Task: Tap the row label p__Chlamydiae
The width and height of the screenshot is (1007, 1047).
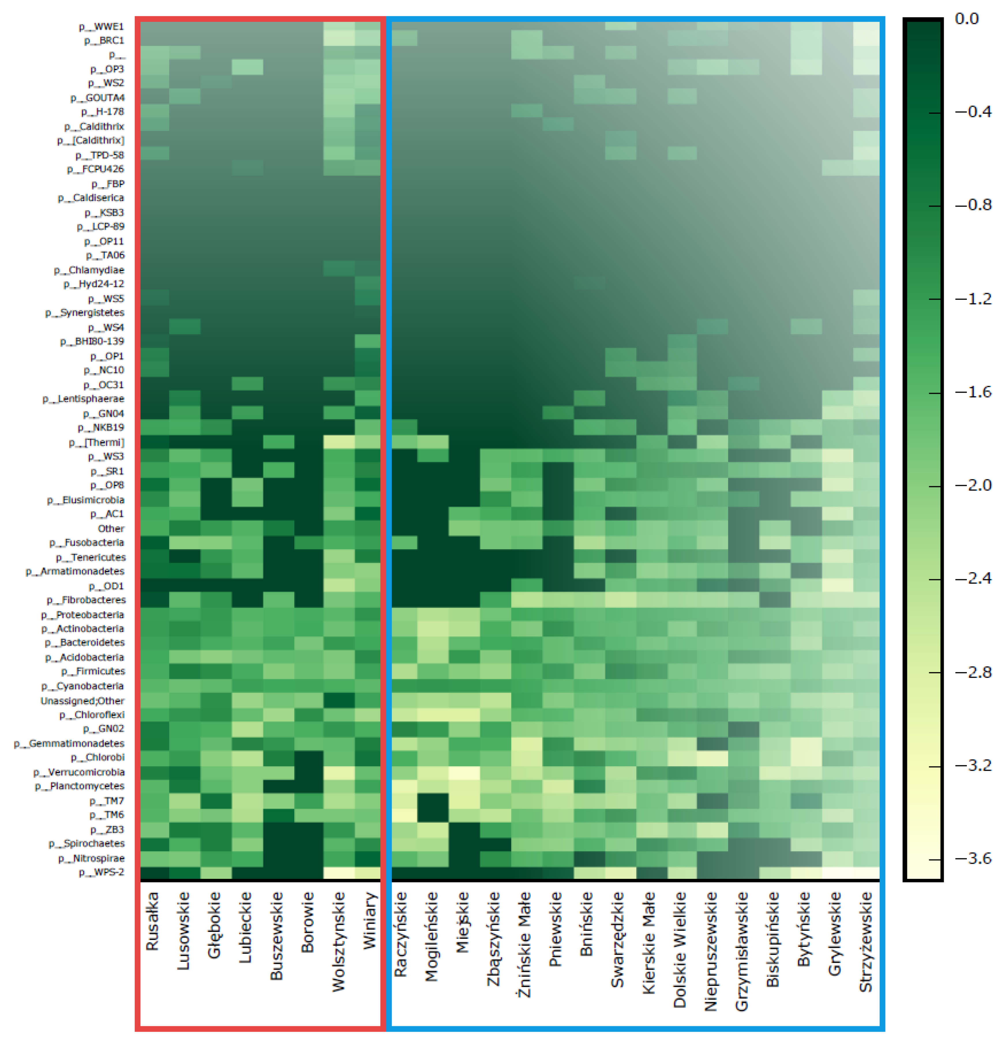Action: [x=89, y=270]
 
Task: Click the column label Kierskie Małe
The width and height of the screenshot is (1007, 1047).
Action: [x=649, y=943]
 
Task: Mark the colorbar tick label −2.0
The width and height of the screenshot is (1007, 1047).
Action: [x=973, y=485]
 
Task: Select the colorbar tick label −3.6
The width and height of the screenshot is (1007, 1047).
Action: [x=973, y=858]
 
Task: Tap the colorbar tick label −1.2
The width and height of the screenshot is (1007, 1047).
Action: [x=973, y=299]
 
